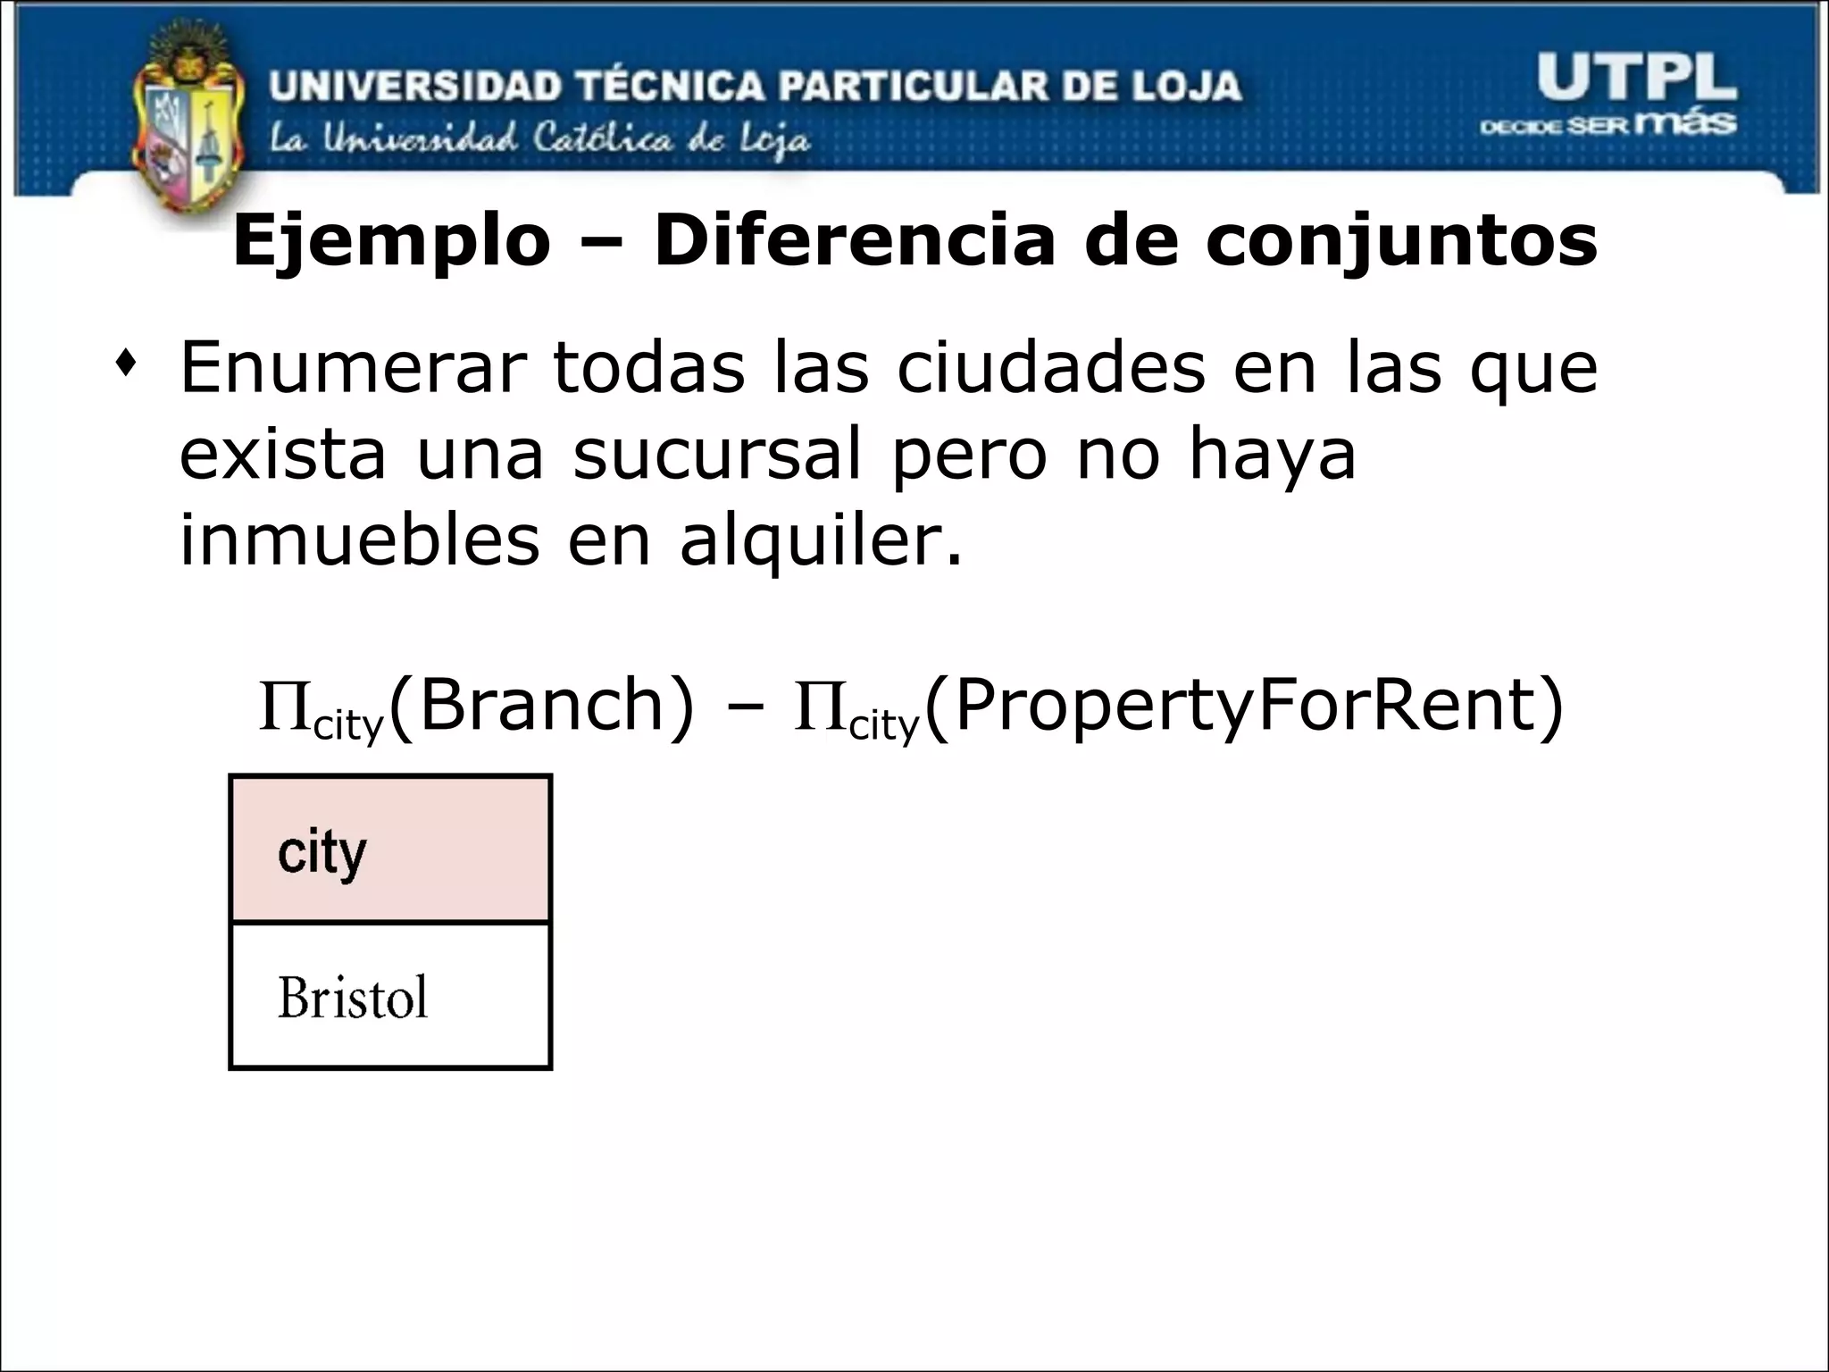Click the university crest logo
click(188, 125)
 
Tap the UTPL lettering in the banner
click(1636, 78)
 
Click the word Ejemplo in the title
click(391, 241)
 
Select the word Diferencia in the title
click(855, 241)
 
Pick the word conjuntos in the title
click(1401, 241)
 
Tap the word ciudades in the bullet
click(1051, 368)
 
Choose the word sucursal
click(717, 454)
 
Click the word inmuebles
click(359, 540)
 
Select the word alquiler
click(821, 541)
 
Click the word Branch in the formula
click(543, 706)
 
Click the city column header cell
click(390, 849)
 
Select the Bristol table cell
click(390, 996)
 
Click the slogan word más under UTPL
click(1689, 122)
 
